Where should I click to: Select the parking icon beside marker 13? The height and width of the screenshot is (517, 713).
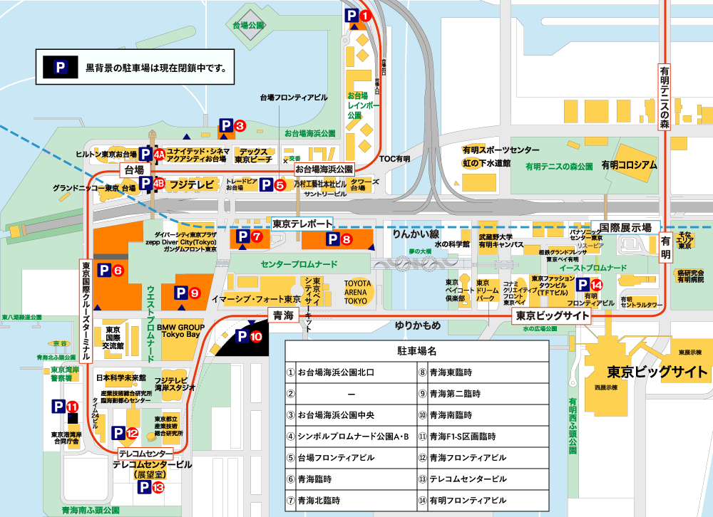(x=143, y=488)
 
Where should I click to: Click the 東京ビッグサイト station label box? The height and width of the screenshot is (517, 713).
(x=547, y=315)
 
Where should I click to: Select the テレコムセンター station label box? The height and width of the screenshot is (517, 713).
(x=145, y=453)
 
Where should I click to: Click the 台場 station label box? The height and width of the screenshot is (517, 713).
(x=135, y=170)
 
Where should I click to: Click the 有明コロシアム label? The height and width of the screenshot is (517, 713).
(x=629, y=164)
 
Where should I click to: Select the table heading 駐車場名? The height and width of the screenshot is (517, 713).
(x=416, y=351)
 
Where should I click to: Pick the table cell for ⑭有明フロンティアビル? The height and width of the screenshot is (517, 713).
(x=482, y=500)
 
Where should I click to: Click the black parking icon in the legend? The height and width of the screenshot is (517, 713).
(x=61, y=68)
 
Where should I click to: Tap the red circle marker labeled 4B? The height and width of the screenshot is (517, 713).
(x=158, y=183)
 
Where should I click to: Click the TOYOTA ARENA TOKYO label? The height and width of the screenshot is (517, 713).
(x=358, y=292)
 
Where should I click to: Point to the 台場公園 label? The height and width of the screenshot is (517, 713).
(x=249, y=25)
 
